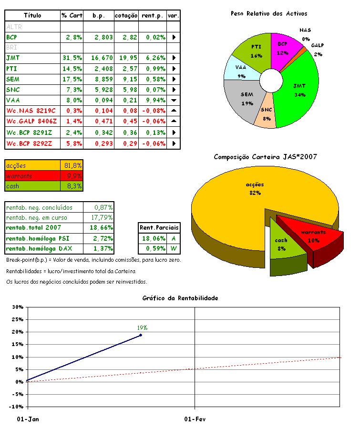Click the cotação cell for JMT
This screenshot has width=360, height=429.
point(126,58)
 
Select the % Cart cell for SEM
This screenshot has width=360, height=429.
point(72,79)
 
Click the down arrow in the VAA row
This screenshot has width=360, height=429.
point(174,101)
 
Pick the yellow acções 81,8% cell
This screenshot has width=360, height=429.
point(72,165)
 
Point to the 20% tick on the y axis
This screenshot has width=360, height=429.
point(18,332)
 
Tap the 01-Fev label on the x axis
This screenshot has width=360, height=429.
point(194,419)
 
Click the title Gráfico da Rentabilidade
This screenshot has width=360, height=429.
point(180,298)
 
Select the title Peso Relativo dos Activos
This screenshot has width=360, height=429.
point(269,14)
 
